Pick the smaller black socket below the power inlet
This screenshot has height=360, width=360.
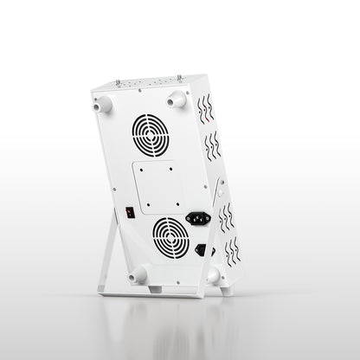[x=201, y=251]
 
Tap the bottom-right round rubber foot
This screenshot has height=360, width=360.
[x=212, y=275]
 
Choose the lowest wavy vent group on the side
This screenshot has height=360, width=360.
[x=231, y=254]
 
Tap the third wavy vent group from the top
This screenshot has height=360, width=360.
[x=227, y=219]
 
